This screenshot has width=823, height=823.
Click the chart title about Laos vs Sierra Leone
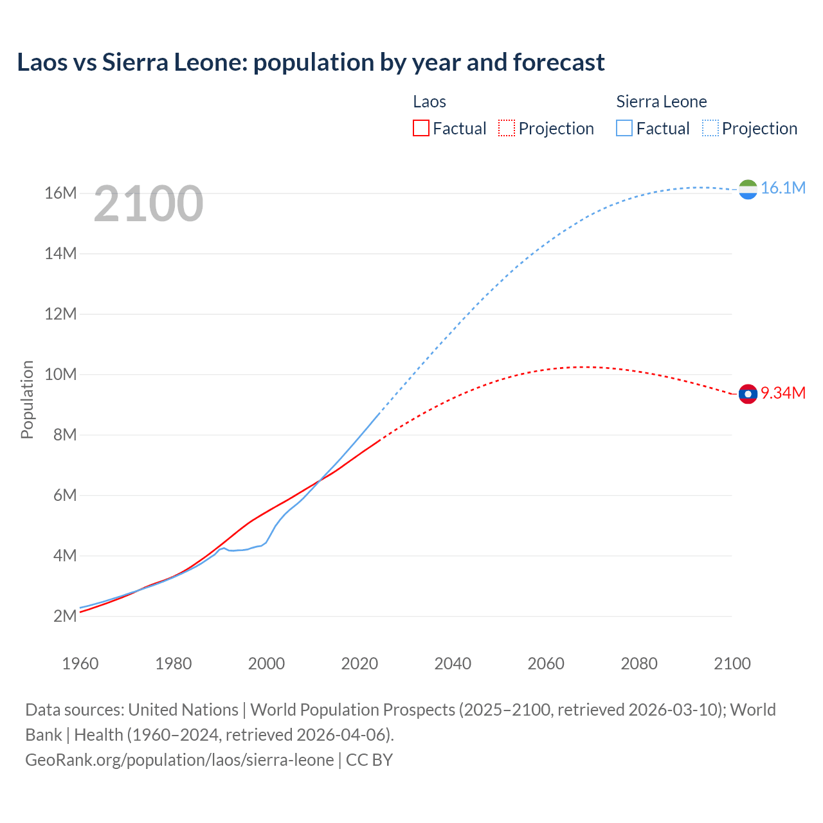[311, 62]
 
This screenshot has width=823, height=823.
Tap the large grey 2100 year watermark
[149, 204]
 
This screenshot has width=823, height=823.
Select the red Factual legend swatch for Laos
[421, 129]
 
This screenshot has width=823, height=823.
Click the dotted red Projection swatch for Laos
[507, 129]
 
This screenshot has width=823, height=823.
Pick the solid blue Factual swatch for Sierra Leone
[624, 129]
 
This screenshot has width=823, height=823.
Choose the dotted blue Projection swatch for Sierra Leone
[710, 129]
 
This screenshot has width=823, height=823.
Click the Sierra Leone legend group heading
[661, 102]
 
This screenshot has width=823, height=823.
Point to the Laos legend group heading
[429, 102]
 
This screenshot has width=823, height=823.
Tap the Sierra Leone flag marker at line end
[748, 189]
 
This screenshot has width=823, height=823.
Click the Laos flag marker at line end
[748, 393]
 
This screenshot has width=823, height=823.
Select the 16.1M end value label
[782, 188]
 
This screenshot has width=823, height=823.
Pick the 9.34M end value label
[782, 393]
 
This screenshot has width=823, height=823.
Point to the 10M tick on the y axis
[60, 374]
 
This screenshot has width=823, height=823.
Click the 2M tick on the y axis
[65, 616]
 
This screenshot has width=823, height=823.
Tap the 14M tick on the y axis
[60, 253]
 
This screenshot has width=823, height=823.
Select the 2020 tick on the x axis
[359, 664]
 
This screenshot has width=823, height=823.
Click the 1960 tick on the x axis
[80, 664]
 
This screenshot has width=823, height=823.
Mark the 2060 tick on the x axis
[546, 664]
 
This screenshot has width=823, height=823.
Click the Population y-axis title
[27, 399]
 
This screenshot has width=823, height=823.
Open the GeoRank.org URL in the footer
[179, 760]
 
